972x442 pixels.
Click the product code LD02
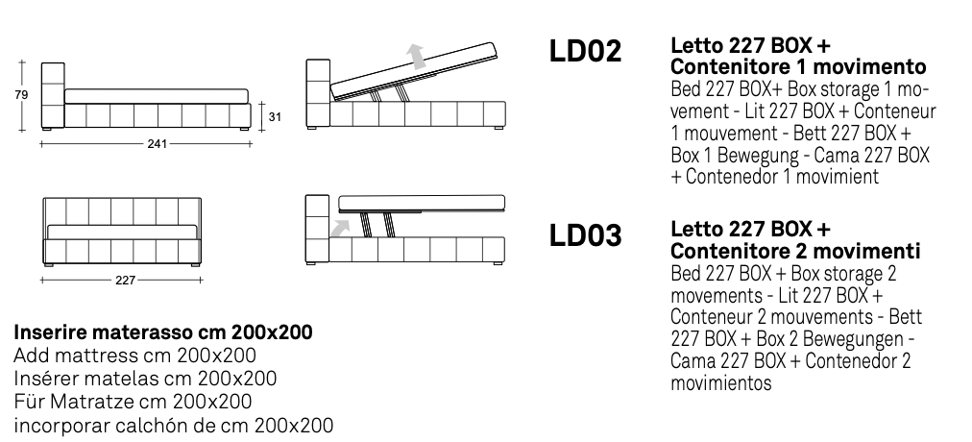coord(586,53)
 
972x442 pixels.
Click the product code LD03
coord(586,235)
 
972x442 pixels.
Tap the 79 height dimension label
coord(21,94)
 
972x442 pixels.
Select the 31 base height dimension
coord(274,117)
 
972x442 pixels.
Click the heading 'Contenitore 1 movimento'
coord(798,67)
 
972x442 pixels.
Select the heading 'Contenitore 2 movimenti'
coord(796,251)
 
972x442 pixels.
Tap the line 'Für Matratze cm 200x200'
coord(133,402)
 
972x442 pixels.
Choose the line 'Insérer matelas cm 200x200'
coord(144,379)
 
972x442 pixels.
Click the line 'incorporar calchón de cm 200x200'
coord(173,424)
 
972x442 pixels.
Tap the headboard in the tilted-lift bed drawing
coord(318,93)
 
